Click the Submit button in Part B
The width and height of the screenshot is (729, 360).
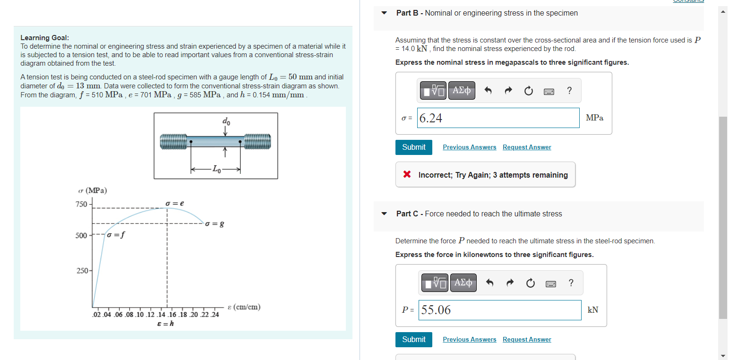[413, 147]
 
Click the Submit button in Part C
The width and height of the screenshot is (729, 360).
[413, 340]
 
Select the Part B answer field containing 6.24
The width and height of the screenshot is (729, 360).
[498, 118]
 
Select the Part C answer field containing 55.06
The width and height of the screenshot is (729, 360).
[500, 310]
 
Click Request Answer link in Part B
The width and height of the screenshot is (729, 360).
[527, 147]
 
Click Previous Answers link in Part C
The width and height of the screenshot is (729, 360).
[469, 340]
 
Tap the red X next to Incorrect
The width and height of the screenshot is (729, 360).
[407, 175]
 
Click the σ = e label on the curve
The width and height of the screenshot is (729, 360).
[175, 203]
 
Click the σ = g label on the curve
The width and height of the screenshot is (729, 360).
[214, 223]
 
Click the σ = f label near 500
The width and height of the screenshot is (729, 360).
[116, 235]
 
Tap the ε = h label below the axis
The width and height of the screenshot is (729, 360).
[165, 324]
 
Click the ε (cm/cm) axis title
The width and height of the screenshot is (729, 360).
[244, 307]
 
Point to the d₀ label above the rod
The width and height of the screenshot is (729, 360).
[226, 121]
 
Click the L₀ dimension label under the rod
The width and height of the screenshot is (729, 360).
[215, 169]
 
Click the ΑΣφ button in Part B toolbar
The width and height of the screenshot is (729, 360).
[461, 90]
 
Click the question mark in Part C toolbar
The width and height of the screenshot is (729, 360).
[571, 283]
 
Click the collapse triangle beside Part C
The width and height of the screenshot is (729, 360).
[384, 214]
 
